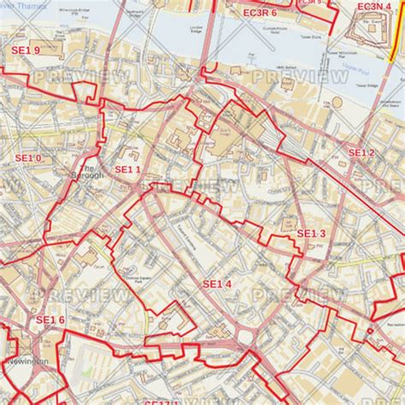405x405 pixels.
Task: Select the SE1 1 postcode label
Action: point(126,169)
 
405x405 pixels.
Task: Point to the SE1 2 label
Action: point(361,152)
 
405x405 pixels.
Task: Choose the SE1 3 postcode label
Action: point(311,232)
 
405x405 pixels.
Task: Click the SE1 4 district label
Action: point(217,283)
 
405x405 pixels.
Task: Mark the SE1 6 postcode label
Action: point(50,320)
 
